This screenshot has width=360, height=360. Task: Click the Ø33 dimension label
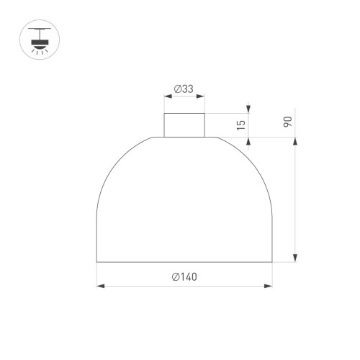[x=184, y=89]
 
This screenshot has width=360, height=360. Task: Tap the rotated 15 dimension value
[x=242, y=124]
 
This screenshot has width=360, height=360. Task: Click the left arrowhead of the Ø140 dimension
[x=101, y=287]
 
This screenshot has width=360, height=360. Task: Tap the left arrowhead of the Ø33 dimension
[x=168, y=99]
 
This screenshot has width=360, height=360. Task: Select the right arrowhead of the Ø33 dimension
[x=202, y=99]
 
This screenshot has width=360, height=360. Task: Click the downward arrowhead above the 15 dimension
[x=250, y=109]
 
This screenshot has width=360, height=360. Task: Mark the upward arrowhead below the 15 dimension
[x=250, y=141]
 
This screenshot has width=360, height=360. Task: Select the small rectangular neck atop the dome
[x=184, y=125]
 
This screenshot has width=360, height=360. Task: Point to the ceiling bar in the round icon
[x=38, y=29]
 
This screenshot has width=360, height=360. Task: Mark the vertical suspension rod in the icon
[x=38, y=33]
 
